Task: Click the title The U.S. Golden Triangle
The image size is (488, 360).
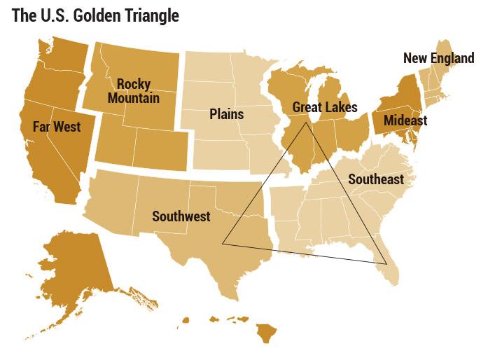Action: (x=95, y=15)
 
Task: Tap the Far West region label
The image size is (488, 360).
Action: (x=57, y=127)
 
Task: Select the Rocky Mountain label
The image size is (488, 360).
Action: (x=133, y=91)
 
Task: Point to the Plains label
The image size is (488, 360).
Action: (x=226, y=114)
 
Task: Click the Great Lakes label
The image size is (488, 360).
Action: (x=324, y=107)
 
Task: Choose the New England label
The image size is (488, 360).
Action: (x=438, y=58)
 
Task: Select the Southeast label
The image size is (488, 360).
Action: (x=375, y=179)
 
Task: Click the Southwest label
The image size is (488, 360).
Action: (x=181, y=216)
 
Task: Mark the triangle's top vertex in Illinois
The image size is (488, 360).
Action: (x=305, y=124)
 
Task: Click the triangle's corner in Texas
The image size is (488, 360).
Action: (x=223, y=244)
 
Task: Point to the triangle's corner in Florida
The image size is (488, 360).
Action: (x=386, y=263)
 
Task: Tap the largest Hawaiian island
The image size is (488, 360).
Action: (x=266, y=332)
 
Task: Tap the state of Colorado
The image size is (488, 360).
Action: (x=160, y=147)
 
